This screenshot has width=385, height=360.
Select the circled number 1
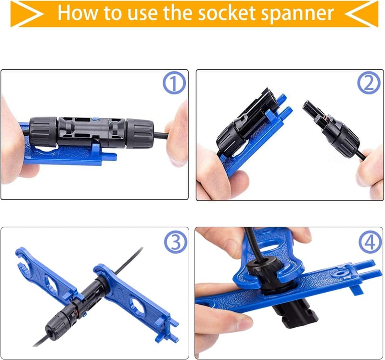click(174, 84)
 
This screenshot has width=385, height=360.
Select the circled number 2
click(369, 83)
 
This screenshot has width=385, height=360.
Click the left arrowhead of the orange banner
click(27, 14)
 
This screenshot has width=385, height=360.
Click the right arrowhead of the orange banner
click(361, 14)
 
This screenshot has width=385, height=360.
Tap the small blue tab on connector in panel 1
click(96, 119)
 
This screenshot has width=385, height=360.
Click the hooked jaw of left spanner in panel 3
click(23, 259)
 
